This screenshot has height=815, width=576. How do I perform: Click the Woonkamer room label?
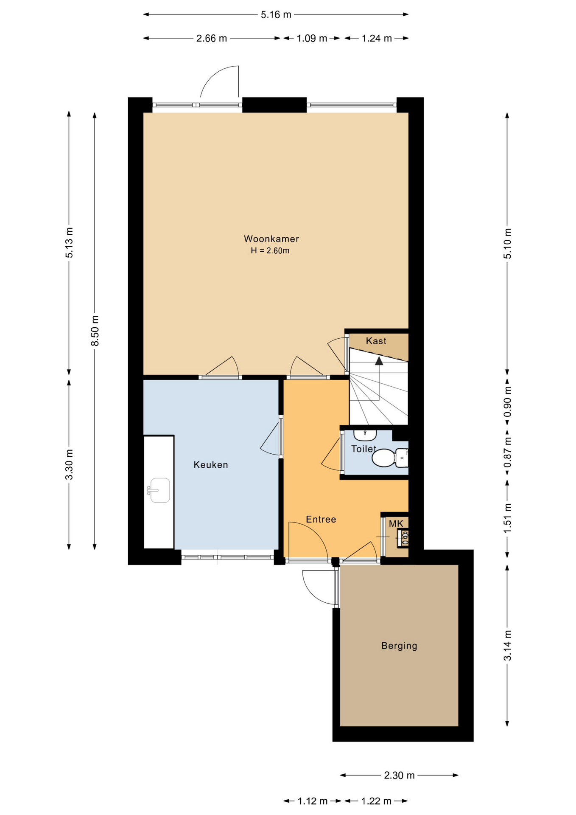[271, 239]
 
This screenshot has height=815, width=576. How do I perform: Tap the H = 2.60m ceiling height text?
[270, 251]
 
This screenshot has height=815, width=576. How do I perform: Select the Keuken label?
[211, 465]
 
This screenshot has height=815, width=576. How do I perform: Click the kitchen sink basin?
[160, 490]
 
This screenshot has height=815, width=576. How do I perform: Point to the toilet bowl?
[384, 458]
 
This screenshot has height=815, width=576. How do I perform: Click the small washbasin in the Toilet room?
[365, 435]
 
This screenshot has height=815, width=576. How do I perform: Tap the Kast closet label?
[376, 341]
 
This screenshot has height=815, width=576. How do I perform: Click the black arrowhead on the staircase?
[379, 361]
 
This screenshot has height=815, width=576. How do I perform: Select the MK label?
[396, 524]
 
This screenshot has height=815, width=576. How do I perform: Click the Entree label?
[321, 519]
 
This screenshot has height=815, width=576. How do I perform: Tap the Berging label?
[399, 646]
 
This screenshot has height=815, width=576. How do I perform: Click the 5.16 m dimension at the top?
[276, 15]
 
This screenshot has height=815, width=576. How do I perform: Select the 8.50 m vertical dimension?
[95, 331]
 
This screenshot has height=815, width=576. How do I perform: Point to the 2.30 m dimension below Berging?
[399, 776]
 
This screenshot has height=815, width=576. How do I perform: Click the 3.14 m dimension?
[507, 646]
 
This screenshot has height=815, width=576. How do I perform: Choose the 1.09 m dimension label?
[311, 39]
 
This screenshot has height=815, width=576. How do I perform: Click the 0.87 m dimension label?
[507, 452]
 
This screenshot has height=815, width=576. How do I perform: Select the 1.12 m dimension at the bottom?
[312, 801]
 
